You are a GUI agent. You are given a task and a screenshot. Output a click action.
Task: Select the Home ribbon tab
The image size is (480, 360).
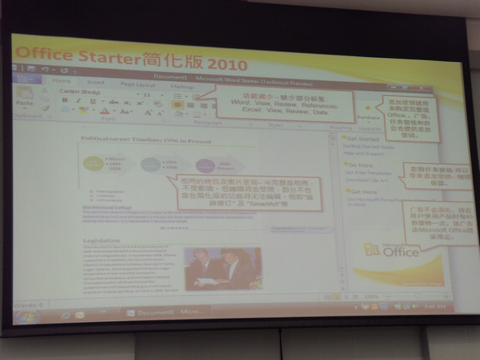click(60, 81)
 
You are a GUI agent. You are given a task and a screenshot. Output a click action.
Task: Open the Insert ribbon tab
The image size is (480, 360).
click(96, 83)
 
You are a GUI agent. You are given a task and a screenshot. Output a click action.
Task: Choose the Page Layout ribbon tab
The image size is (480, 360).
click(137, 84)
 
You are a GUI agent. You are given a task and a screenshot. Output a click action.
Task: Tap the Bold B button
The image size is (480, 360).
click(65, 100)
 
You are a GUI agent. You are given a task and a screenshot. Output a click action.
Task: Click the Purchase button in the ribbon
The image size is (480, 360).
click(367, 116)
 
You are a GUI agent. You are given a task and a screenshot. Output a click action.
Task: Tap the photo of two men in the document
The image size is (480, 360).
click(223, 266)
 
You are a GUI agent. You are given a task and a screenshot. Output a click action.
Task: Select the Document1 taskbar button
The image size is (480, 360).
click(157, 313)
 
